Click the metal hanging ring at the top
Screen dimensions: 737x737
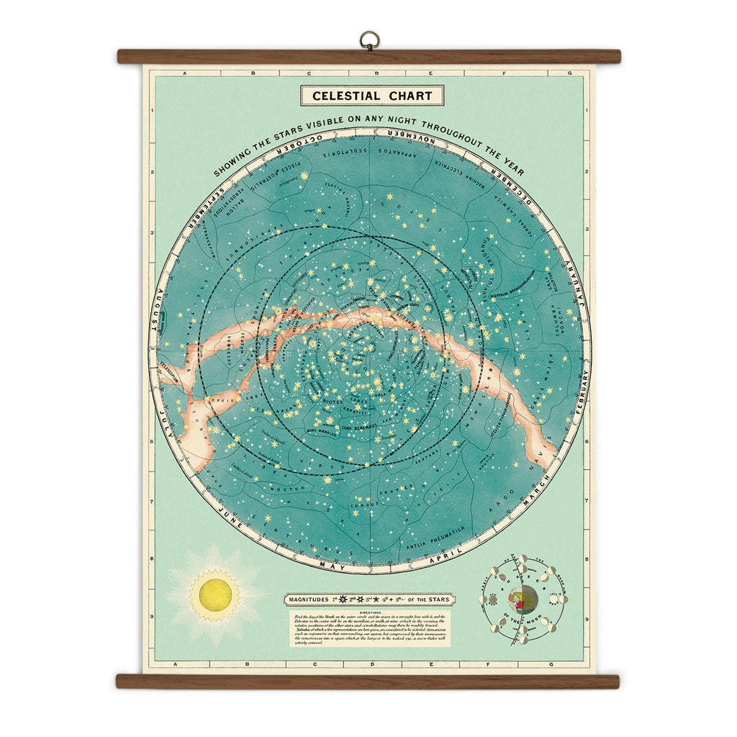(x=369, y=40)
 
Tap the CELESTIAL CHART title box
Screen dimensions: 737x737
(x=372, y=96)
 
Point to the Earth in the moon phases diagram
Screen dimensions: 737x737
(x=523, y=599)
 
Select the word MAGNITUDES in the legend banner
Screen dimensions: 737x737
(x=312, y=599)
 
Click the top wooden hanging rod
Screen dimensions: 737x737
(x=368, y=56)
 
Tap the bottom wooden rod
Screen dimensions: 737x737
(x=368, y=681)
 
